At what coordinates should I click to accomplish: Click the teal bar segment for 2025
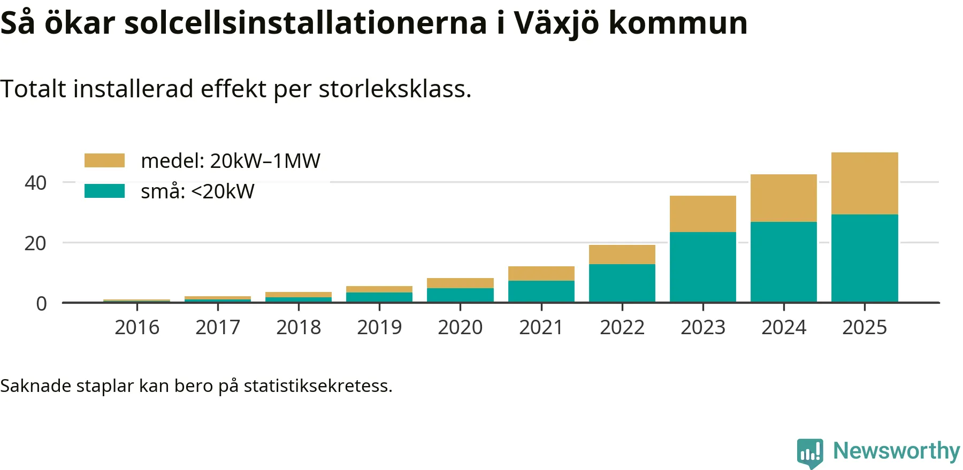pos(865,258)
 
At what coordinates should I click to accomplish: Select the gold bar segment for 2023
pos(703,214)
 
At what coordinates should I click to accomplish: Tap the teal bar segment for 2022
pos(622,283)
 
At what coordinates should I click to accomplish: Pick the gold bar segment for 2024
pos(784,198)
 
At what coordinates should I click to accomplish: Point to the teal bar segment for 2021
pos(541,291)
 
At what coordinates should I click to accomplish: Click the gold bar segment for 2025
pos(865,183)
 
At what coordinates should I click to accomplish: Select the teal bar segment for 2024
pos(784,262)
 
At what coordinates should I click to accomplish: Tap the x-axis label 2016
pos(137,327)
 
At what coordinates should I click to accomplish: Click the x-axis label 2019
pos(379,327)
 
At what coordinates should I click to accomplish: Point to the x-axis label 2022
pos(622,327)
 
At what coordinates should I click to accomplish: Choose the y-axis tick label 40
pos(36,183)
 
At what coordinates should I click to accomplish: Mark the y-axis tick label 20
pos(36,243)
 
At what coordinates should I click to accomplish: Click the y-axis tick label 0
pos(41,304)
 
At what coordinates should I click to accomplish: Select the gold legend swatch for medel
pos(104,160)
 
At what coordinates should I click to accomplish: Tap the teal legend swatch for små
pos(104,191)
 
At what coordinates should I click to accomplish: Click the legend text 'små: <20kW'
pos(197,191)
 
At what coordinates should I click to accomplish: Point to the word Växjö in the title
pos(556,24)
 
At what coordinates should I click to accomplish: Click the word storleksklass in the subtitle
pos(394,89)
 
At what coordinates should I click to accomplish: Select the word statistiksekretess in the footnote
pos(318,386)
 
